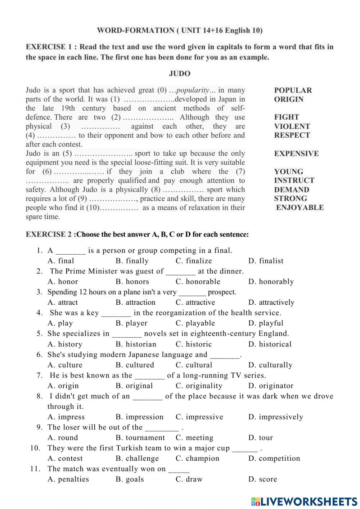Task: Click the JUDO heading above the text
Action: (180, 74)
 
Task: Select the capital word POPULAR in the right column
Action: (293, 90)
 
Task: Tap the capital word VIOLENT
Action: (292, 126)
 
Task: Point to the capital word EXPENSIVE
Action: (296, 153)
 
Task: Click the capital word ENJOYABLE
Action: (300, 207)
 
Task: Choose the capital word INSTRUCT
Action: (294, 180)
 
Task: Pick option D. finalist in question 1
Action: (266, 261)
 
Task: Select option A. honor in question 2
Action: (63, 282)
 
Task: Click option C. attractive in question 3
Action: (195, 303)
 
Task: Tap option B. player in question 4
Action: (131, 323)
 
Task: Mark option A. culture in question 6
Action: (65, 365)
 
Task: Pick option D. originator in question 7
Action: (271, 386)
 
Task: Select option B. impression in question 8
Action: (139, 417)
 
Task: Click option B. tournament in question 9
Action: (140, 438)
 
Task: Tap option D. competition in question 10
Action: (274, 459)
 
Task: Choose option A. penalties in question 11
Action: (68, 479)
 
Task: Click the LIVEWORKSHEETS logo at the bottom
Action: (304, 501)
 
